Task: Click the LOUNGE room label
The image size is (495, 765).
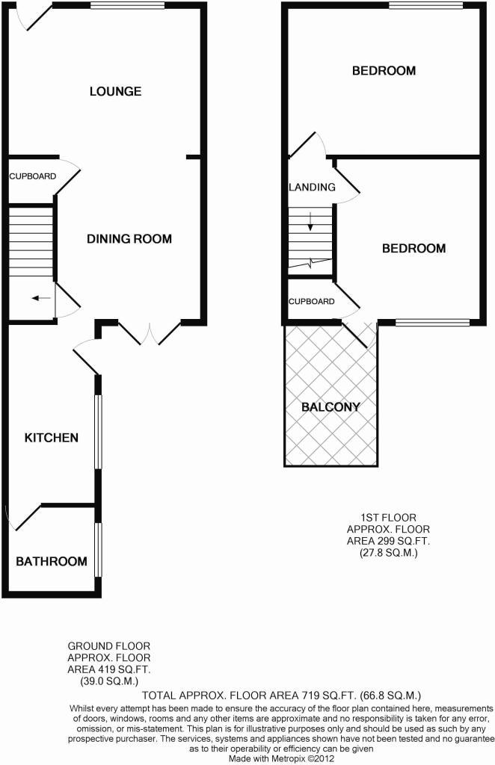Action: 115,92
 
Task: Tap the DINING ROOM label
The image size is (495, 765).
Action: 129,239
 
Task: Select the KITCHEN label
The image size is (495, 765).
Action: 51,437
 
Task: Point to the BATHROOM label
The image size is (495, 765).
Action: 52,561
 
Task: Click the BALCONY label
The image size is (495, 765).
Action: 330,407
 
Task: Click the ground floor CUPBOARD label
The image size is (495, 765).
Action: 32,176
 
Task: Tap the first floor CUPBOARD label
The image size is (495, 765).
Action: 311,302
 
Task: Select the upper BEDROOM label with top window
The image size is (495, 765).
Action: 384,71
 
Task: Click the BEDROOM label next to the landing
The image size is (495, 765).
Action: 413,249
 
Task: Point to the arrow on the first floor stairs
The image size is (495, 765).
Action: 310,220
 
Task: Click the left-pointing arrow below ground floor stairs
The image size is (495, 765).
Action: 41,299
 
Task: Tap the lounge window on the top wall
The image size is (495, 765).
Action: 127,6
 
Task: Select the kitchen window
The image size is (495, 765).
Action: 97,431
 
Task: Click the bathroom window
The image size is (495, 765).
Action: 98,549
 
